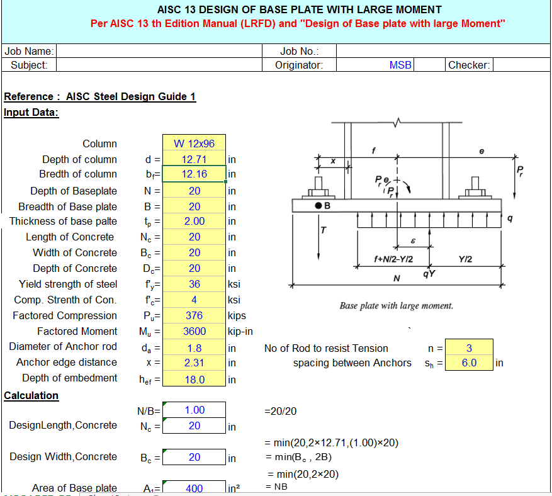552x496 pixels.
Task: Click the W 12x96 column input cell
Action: point(194,144)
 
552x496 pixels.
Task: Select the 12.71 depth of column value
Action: point(194,159)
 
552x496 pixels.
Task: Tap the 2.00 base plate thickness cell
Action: point(194,221)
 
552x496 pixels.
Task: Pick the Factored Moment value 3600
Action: point(194,331)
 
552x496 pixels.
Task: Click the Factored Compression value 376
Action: point(194,315)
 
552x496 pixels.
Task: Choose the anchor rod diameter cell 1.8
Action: point(194,347)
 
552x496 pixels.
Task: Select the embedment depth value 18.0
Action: point(194,379)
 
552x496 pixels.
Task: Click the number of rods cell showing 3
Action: point(469,347)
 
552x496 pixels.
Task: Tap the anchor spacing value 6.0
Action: point(469,363)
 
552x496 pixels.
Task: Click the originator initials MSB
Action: point(400,65)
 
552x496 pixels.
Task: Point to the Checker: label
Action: point(469,65)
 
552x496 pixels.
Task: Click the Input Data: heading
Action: point(31,112)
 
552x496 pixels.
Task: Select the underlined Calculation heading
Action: point(31,395)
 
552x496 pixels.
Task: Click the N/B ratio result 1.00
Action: point(194,410)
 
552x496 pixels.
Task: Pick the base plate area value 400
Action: point(194,488)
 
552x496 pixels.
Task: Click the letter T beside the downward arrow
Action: point(324,230)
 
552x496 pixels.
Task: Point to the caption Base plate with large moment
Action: point(396,306)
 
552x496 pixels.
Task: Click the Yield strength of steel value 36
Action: point(194,284)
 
